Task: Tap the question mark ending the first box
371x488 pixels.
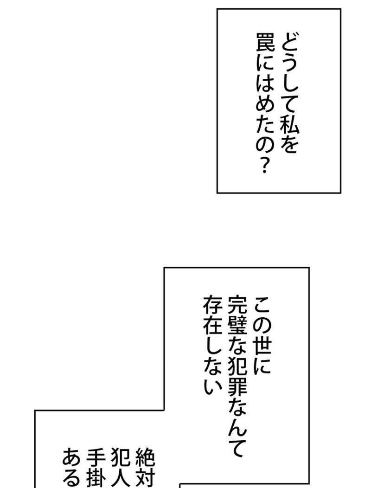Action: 265,166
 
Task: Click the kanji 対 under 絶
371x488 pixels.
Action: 145,479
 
